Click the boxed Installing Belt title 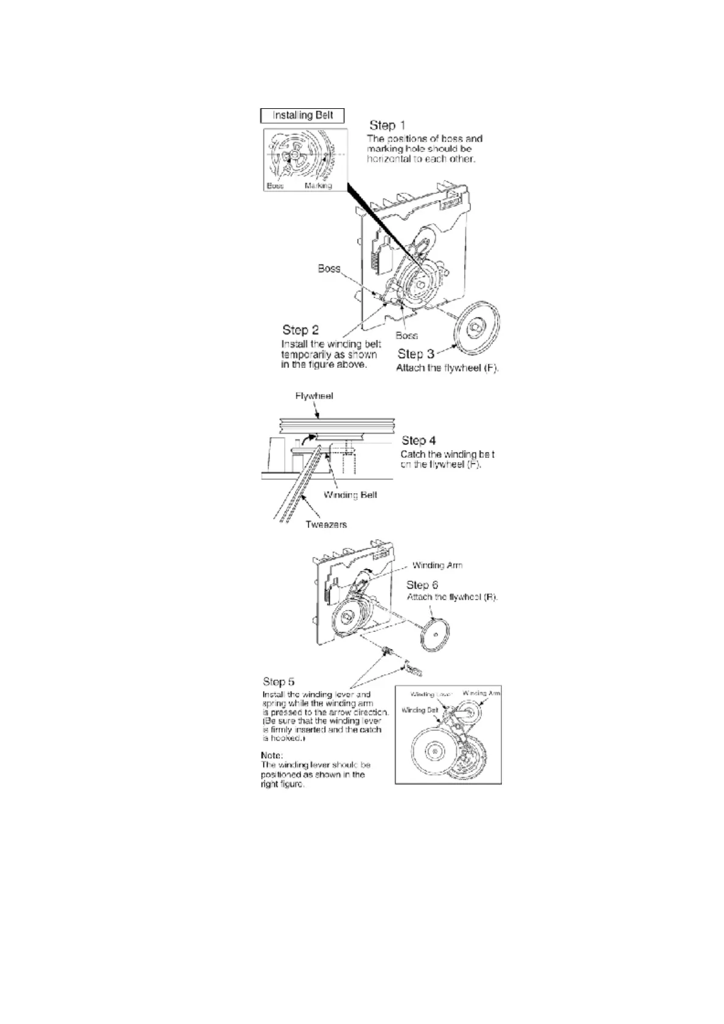pos(302,116)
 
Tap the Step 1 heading pos(387,125)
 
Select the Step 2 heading pos(300,330)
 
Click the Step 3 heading pos(416,353)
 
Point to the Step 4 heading pos(419,440)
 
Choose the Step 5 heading pos(279,681)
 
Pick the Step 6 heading pos(422,584)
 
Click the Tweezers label pos(325,524)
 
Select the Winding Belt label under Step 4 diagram pos(350,495)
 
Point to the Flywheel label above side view pos(314,396)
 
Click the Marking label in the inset pos(318,186)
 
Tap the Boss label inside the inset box pos(275,186)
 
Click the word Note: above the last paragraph pos(272,755)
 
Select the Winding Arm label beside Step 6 pos(437,565)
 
